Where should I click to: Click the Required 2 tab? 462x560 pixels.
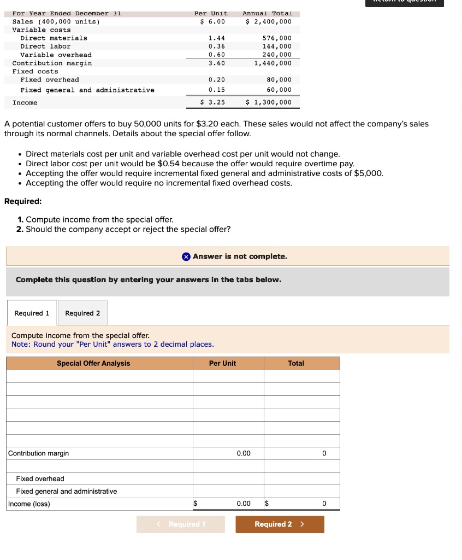pyautogui.click(x=82, y=313)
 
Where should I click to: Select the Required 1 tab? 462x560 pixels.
pyautogui.click(x=32, y=313)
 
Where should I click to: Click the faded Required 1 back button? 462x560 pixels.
pyautogui.click(x=180, y=524)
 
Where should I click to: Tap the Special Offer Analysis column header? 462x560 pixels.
pyautogui.click(x=93, y=363)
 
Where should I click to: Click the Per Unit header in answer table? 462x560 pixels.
pyautogui.click(x=222, y=363)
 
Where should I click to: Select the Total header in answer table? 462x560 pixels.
pyautogui.click(x=296, y=363)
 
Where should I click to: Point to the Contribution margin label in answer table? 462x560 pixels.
pyautogui.click(x=39, y=453)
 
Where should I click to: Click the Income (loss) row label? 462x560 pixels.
pyautogui.click(x=29, y=504)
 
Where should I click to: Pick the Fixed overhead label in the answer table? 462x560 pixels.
pyautogui.click(x=40, y=479)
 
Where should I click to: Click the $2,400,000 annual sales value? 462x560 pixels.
pyautogui.click(x=269, y=21)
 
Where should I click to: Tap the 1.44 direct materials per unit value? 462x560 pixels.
pyautogui.click(x=217, y=38)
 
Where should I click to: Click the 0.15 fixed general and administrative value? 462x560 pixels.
pyautogui.click(x=217, y=90)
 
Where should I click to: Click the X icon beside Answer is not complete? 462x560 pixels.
pyautogui.click(x=186, y=256)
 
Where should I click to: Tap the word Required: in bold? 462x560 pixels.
pyautogui.click(x=23, y=201)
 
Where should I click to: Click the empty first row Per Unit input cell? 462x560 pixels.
pyautogui.click(x=228, y=376)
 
